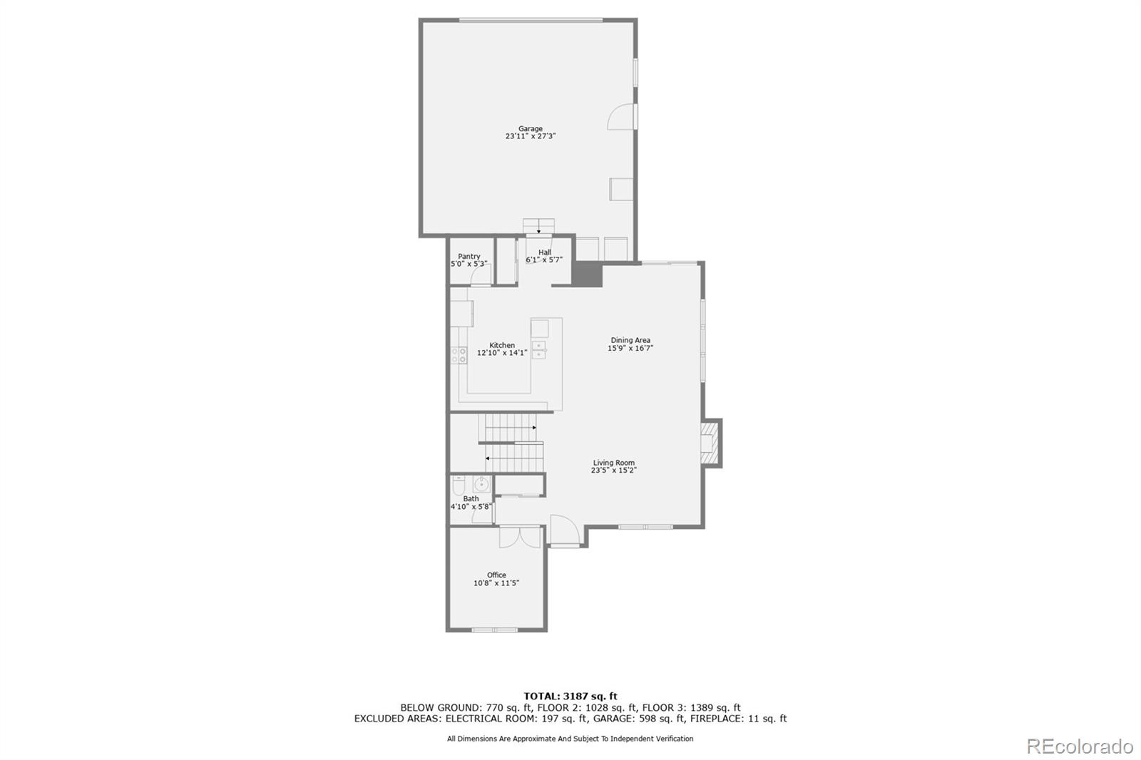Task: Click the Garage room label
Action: point(530,129)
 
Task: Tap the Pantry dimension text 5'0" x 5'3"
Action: point(469,265)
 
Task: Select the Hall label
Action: point(545,252)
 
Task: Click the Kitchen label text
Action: point(502,345)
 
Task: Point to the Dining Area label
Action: point(630,340)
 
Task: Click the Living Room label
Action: point(613,463)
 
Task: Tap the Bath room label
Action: point(471,499)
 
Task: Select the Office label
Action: point(496,575)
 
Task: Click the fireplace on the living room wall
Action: point(710,442)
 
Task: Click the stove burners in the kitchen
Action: point(459,355)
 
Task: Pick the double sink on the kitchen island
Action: point(539,350)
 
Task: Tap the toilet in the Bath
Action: point(459,485)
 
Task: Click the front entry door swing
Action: point(563,530)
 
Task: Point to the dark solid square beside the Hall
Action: point(588,274)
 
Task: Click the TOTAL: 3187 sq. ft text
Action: point(570,696)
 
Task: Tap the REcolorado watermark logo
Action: point(1079,746)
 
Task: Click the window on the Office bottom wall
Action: point(495,630)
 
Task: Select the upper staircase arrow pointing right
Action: point(534,427)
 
